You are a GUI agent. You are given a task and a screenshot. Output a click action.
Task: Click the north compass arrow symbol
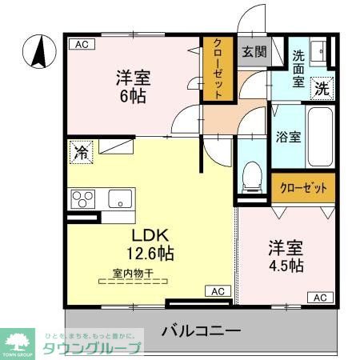tap(36, 52)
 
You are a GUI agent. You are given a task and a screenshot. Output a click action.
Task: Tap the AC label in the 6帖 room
tap(80, 45)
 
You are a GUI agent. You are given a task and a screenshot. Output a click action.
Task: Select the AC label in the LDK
tap(218, 291)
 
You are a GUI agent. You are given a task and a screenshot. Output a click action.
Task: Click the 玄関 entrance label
tap(254, 52)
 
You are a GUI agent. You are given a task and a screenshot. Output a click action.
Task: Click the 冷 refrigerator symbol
tap(81, 151)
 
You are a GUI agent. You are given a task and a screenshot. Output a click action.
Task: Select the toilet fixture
tap(253, 174)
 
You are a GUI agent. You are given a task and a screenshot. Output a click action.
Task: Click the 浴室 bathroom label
tap(288, 136)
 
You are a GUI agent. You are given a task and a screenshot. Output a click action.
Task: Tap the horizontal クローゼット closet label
tap(302, 189)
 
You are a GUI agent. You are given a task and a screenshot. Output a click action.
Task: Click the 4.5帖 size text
tap(285, 266)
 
